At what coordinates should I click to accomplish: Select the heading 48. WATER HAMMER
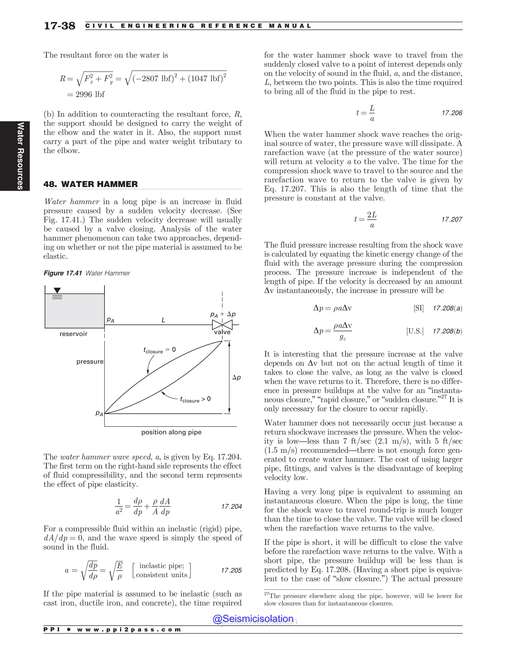tap(90, 184)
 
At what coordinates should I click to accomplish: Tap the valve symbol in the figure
tap(222, 325)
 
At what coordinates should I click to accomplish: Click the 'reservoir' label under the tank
tap(73, 334)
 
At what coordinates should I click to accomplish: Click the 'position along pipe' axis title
tap(171, 432)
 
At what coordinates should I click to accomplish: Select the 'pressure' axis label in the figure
tap(90, 361)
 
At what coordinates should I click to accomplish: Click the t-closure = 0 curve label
tap(159, 350)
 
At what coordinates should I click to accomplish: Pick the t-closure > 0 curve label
tap(195, 399)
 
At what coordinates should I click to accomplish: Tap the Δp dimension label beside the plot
tap(236, 377)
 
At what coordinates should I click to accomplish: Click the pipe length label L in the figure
tap(163, 320)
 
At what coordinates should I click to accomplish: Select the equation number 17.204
tap(232, 506)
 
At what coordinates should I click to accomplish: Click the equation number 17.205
tap(231, 570)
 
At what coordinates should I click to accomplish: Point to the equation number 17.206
tap(452, 113)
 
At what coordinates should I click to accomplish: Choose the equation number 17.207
tap(452, 219)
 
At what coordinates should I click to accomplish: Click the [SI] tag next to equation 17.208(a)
tap(419, 308)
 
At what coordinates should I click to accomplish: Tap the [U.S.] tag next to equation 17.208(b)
tap(415, 331)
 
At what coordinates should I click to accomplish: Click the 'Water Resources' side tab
tap(20, 156)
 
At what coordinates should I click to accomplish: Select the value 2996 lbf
tap(90, 94)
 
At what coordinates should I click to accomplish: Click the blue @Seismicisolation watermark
tap(253, 618)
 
